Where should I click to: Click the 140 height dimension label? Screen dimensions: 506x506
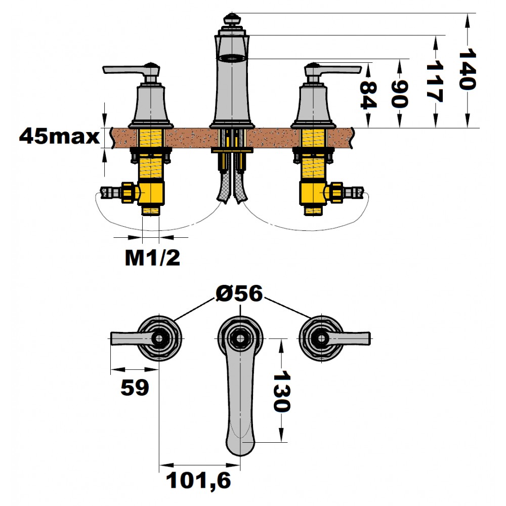pyautogui.click(x=467, y=69)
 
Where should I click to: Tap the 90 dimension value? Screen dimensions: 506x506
pyautogui.click(x=400, y=94)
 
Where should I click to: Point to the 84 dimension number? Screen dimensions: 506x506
pyautogui.click(x=368, y=95)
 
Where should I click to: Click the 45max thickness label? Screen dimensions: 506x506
pyautogui.click(x=59, y=137)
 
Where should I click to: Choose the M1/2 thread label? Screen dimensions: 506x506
pyautogui.click(x=152, y=258)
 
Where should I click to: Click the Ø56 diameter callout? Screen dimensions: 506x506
pyautogui.click(x=239, y=293)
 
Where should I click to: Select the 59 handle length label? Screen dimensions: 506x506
pyautogui.click(x=135, y=387)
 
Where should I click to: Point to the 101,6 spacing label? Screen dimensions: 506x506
pyautogui.click(x=198, y=481)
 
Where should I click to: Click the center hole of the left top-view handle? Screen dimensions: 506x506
pyautogui.click(x=159, y=339)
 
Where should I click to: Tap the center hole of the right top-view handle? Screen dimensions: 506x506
pyautogui.click(x=321, y=339)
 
